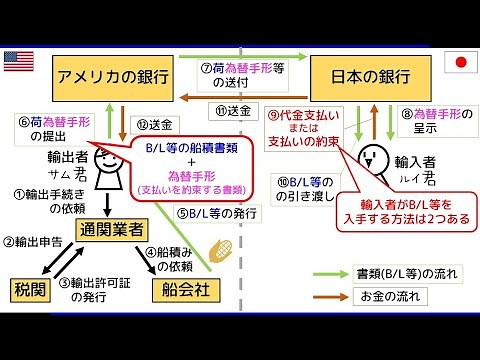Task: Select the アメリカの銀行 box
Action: coord(111,76)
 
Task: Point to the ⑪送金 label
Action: coord(235,109)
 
